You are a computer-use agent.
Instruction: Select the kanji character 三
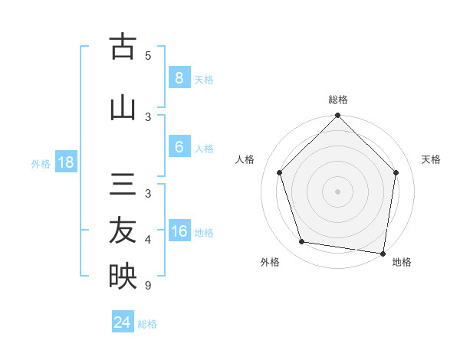tap(123, 186)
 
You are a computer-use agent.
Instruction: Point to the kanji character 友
tap(123, 231)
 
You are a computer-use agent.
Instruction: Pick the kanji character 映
tap(123, 276)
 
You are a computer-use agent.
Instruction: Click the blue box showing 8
tap(179, 78)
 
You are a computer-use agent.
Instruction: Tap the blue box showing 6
tap(179, 147)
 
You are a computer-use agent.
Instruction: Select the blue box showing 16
tap(179, 231)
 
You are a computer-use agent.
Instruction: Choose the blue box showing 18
tap(65, 162)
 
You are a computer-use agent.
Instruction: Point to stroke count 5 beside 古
tap(148, 55)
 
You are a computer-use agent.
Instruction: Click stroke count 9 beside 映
tap(148, 286)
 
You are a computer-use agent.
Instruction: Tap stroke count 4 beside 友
tap(148, 240)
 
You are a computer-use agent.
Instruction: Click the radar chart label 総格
tap(337, 100)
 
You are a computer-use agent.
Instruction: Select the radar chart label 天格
tap(432, 159)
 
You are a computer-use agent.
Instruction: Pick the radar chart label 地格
tap(402, 262)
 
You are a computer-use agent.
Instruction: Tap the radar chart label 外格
tap(270, 262)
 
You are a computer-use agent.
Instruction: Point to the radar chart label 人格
tap(245, 159)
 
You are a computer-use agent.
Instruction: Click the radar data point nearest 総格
tap(337, 116)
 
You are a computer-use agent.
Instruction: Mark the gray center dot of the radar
tap(337, 191)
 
